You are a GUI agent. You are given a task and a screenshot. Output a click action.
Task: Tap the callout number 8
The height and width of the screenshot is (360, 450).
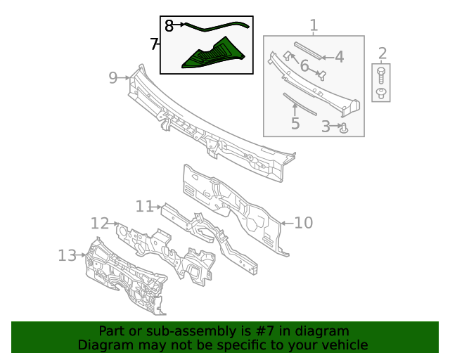point(169,26)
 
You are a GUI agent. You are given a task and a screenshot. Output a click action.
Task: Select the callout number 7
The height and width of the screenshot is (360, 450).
point(154,44)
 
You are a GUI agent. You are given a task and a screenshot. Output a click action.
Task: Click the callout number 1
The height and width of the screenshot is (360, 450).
point(314,25)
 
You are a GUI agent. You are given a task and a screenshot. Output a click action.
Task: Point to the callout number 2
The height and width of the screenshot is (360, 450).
point(382,53)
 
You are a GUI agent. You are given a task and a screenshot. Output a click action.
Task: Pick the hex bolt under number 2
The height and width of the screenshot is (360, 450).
point(381,75)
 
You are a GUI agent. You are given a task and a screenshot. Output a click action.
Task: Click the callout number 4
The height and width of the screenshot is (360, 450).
point(339,57)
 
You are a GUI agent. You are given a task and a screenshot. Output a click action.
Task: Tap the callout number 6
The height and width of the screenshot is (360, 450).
point(304,65)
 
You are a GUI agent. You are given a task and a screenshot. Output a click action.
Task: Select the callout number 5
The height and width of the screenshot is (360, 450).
point(295,123)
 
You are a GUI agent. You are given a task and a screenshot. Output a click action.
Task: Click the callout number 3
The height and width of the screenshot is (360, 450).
point(326,127)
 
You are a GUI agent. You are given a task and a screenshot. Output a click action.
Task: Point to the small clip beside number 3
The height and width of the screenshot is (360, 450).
point(344,128)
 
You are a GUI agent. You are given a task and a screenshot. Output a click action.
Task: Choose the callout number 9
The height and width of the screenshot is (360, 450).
point(113,78)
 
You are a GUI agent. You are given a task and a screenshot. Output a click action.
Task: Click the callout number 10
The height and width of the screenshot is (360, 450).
point(304,223)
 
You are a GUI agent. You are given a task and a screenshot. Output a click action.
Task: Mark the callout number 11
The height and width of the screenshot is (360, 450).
point(144,207)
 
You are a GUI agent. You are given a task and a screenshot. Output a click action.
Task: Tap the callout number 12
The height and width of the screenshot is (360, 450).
point(100,224)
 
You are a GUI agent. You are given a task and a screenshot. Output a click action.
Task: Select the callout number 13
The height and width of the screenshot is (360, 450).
point(67,255)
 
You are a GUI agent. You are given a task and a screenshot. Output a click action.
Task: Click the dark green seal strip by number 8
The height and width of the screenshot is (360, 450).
point(217,27)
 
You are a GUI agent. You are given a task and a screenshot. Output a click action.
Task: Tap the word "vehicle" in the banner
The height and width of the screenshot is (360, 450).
point(350,345)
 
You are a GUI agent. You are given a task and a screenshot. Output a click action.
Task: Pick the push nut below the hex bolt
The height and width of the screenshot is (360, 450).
point(381,93)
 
